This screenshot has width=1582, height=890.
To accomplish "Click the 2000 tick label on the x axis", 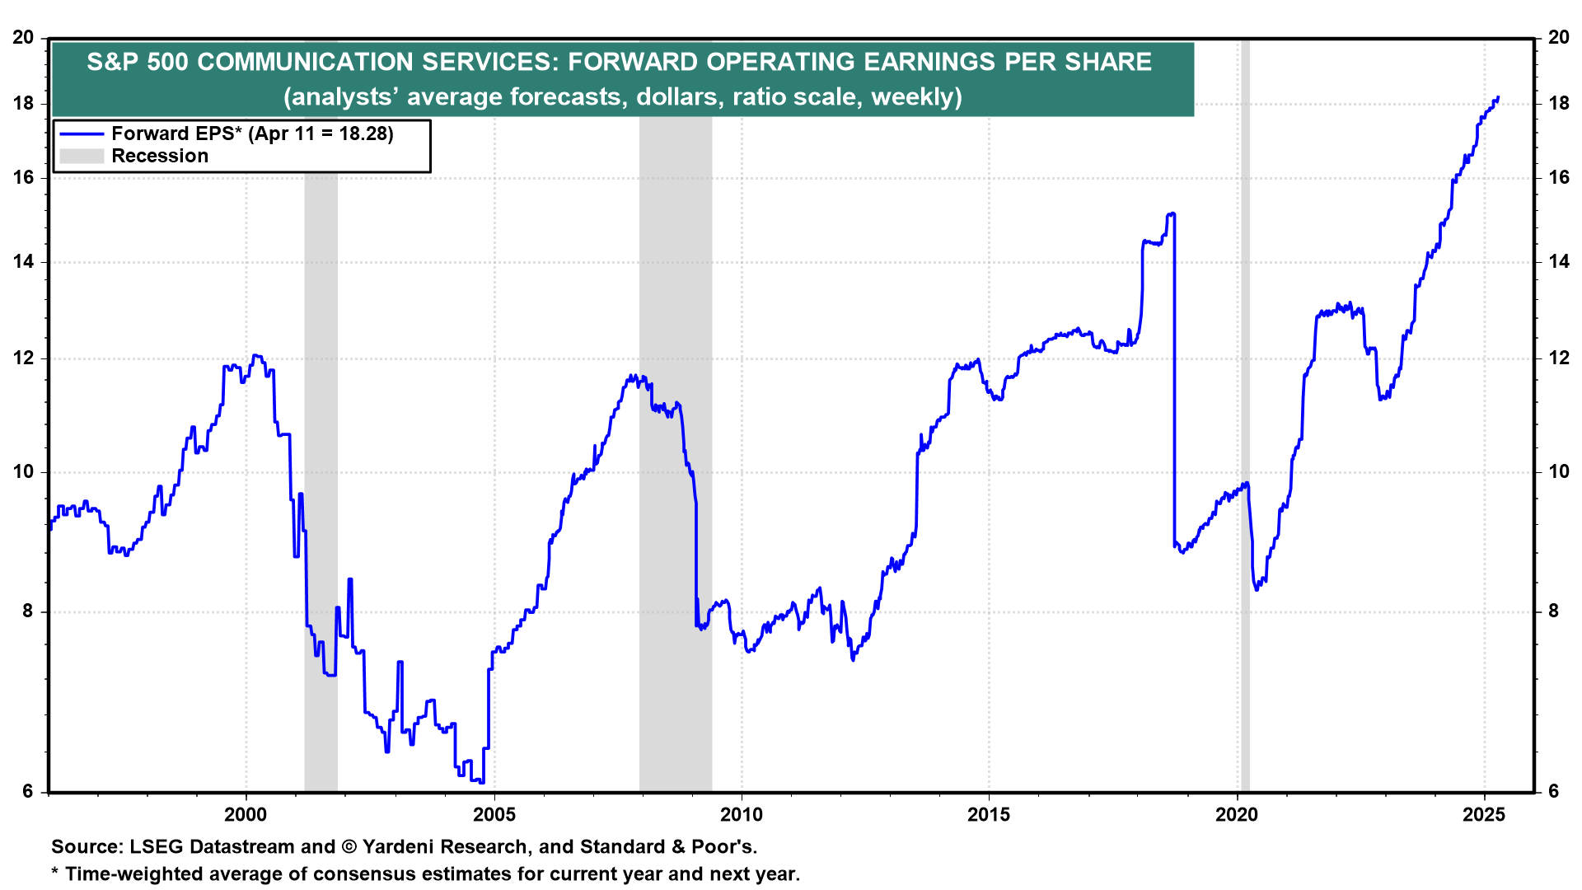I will pyautogui.click(x=246, y=815).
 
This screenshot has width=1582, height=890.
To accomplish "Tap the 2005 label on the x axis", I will pyautogui.click(x=494, y=815).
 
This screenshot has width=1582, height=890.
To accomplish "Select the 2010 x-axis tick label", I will pyautogui.click(x=742, y=815).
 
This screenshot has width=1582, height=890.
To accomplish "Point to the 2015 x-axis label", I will pyautogui.click(x=989, y=815).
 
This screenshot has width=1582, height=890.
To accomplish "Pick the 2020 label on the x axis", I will pyautogui.click(x=1237, y=815).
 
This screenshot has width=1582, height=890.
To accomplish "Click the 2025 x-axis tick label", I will pyautogui.click(x=1484, y=815).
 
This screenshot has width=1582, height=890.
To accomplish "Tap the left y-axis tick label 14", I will pyautogui.click(x=24, y=262).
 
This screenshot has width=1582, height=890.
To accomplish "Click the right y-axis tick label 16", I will pyautogui.click(x=1558, y=178).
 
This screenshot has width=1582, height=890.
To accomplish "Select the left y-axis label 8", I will pyautogui.click(x=28, y=611).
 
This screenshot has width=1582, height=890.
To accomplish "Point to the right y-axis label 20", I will pyautogui.click(x=1558, y=38).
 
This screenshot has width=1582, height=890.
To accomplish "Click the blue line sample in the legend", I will pyautogui.click(x=82, y=134).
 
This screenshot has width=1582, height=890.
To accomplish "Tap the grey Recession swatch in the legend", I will pyautogui.click(x=82, y=157).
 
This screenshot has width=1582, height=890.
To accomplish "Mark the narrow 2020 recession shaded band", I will pyautogui.click(x=1245, y=412).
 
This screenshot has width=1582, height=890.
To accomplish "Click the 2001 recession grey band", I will pyautogui.click(x=321, y=412).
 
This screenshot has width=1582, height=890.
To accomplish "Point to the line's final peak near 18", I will pyautogui.click(x=1497, y=98).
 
